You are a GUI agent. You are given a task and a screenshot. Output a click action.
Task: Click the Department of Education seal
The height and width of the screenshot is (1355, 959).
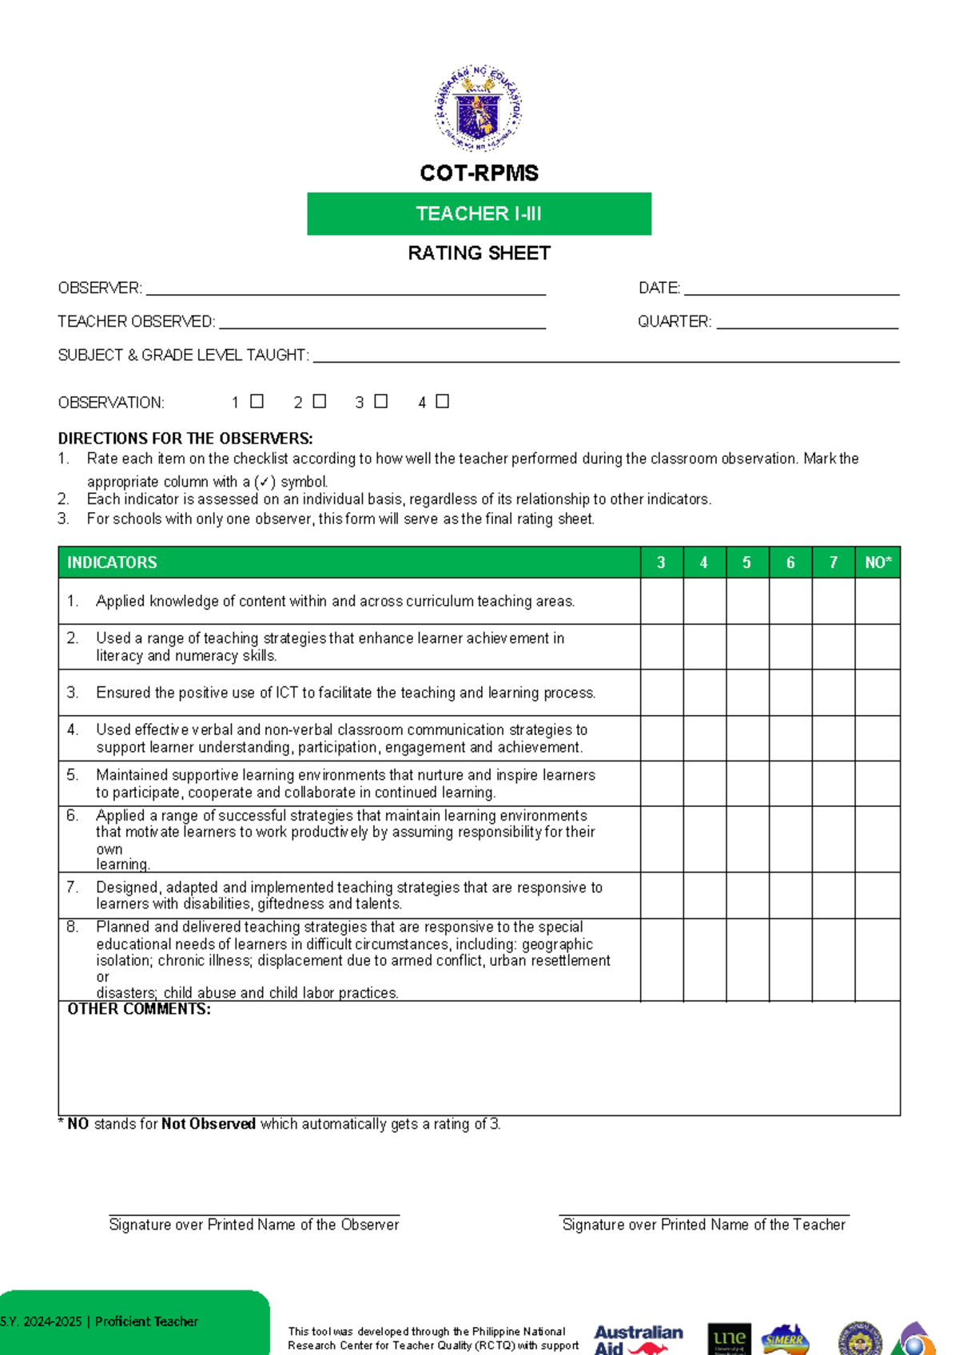[478, 109]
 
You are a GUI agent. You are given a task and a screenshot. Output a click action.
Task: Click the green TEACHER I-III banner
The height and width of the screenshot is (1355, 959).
[479, 213]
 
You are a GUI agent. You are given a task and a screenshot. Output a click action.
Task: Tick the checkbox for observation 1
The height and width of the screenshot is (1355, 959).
[257, 401]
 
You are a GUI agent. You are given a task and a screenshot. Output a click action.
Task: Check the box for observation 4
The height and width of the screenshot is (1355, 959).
[442, 401]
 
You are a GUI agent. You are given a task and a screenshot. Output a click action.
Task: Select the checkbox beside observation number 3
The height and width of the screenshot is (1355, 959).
[380, 401]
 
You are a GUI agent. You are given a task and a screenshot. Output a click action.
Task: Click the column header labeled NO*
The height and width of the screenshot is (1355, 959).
[877, 562]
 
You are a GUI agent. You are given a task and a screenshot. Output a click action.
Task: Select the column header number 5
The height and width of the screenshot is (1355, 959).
[747, 562]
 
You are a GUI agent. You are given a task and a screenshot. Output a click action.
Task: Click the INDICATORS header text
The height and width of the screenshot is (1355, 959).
[112, 562]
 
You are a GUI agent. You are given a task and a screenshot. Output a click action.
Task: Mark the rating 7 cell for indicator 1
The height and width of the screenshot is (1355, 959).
[834, 601]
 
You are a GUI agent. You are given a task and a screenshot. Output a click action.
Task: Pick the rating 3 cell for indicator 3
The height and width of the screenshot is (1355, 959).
[662, 693]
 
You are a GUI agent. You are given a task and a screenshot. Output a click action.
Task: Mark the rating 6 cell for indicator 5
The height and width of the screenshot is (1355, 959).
[790, 783]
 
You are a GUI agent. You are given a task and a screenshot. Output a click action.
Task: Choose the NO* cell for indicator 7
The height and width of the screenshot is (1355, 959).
[877, 895]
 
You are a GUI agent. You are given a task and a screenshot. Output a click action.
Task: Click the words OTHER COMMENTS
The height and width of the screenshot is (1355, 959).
[139, 1009]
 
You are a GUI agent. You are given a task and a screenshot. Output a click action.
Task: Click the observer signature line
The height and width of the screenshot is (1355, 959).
[254, 1214]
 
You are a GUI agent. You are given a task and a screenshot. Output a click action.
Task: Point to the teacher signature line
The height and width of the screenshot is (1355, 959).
[703, 1214]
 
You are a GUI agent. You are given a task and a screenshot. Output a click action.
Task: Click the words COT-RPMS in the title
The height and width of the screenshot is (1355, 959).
[479, 173]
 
